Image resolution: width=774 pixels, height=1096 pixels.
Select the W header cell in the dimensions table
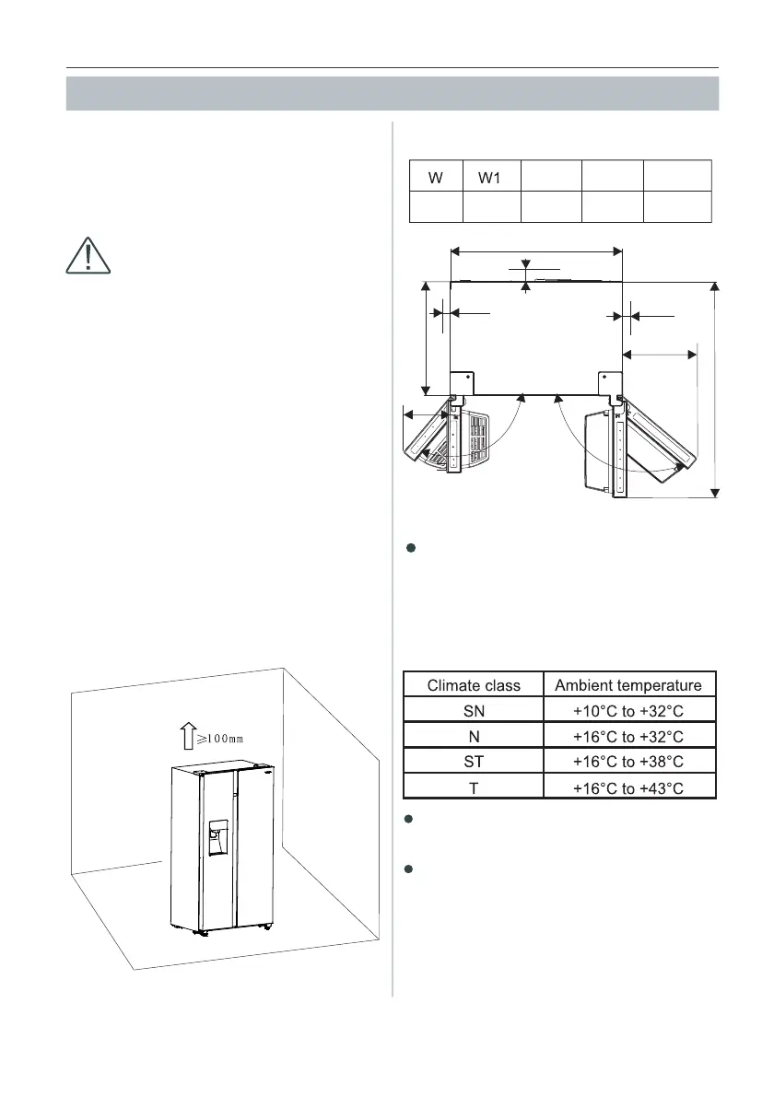436,176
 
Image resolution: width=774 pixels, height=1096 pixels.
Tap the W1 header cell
490,176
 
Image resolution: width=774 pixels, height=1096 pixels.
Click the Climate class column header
474,685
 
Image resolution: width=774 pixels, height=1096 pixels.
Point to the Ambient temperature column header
629,685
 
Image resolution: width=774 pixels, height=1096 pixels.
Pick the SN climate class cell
474,710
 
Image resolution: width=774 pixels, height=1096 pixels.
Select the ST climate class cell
474,760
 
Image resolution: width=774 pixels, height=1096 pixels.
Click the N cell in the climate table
474,735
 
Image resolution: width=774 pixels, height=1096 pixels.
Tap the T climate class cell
474,786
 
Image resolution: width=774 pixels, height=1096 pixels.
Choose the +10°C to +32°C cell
629,710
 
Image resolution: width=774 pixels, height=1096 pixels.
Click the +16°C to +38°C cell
629,760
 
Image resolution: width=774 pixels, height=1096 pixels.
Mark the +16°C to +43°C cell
629,786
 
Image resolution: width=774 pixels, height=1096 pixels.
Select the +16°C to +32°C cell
629,735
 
